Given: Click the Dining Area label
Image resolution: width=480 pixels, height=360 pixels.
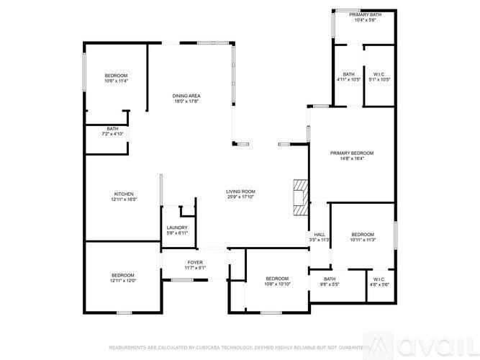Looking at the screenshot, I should tap(186, 96).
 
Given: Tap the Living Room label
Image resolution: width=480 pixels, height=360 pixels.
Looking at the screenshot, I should tap(241, 192).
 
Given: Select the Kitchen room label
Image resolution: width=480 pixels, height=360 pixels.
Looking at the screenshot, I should tap(124, 194).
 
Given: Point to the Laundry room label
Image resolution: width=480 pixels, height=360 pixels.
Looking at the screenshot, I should tap(177, 228).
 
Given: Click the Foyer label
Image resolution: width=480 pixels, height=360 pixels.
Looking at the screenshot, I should tap(196, 262).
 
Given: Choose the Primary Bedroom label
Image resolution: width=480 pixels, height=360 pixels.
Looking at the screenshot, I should tap(352, 153).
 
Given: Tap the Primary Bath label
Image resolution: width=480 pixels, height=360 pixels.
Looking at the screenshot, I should tap(365, 14).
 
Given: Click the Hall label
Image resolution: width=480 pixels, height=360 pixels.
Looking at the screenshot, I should tap(320, 234).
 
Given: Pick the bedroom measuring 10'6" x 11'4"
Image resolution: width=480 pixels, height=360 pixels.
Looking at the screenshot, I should tap(116, 76).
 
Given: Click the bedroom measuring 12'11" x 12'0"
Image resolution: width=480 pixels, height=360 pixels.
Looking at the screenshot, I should tap(123, 275).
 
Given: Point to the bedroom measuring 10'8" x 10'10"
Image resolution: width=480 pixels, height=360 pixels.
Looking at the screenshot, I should tap(277, 279).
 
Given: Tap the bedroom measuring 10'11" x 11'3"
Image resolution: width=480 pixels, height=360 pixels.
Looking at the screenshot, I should tap(363, 235).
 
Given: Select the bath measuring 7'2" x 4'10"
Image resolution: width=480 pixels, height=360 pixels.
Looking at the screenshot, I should tap(113, 129).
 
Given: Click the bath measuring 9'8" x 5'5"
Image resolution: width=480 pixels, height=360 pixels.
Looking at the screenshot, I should tap(329, 279).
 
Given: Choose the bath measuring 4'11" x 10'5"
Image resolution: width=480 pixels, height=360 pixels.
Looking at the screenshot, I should tap(348, 74).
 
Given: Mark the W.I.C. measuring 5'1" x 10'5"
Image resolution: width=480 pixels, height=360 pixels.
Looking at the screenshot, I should tap(379, 74).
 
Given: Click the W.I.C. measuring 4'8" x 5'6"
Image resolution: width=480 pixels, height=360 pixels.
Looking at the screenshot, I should tap(379, 279).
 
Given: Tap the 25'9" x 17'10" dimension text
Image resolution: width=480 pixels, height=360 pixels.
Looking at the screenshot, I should tap(241, 197).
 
